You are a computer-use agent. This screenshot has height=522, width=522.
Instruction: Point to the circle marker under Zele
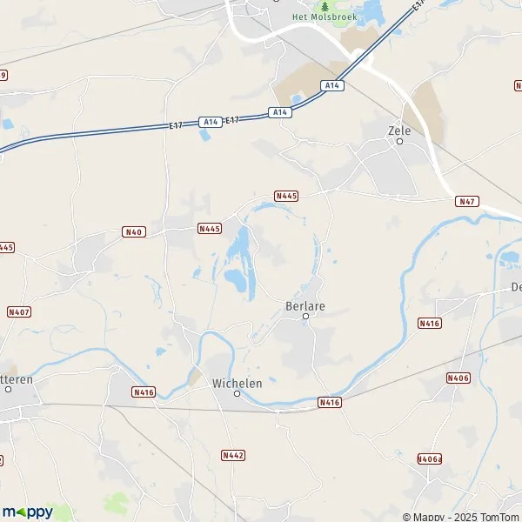(400, 141)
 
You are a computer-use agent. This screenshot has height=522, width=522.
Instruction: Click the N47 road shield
(467, 201)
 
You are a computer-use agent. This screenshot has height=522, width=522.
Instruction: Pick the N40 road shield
(133, 231)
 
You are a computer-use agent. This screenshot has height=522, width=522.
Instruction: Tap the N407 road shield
(18, 311)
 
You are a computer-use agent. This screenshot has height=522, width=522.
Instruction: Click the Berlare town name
(304, 306)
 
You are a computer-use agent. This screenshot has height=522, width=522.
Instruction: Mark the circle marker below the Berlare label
(305, 317)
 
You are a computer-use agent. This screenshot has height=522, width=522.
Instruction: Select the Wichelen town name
(237, 383)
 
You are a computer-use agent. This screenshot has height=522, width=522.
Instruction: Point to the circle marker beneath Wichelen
(237, 394)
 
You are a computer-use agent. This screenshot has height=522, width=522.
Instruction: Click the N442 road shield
(233, 455)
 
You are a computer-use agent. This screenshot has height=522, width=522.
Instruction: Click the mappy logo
(29, 512)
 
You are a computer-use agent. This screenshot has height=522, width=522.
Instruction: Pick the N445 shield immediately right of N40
(210, 229)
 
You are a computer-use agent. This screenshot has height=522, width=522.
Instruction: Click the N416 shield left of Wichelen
(144, 392)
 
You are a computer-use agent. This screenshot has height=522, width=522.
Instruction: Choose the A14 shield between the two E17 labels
(209, 123)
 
